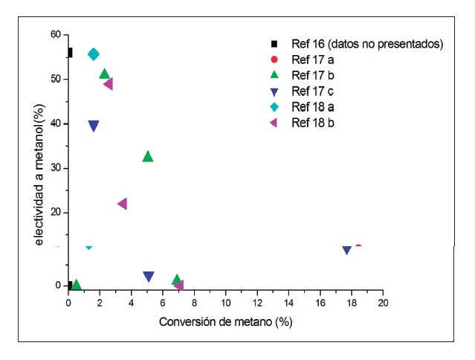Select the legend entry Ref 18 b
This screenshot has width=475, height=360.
(x=312, y=122)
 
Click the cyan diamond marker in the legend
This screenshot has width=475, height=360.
(x=274, y=106)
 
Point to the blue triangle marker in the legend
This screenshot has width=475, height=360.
(x=274, y=91)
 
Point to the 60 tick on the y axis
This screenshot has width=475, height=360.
(x=55, y=34)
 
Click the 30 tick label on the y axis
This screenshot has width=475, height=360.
(x=55, y=168)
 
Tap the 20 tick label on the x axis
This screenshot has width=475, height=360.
(x=383, y=303)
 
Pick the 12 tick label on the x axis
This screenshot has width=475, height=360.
(x=257, y=303)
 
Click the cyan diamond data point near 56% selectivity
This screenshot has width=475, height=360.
(x=94, y=54)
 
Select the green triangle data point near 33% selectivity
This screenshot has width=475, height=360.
(x=148, y=156)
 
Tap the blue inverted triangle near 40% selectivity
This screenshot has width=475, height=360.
(x=94, y=126)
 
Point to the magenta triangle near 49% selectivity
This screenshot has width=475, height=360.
(x=108, y=84)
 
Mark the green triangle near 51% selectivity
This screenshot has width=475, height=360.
(x=105, y=74)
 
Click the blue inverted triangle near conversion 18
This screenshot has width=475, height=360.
(x=346, y=250)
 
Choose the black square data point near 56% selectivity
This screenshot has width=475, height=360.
(x=69, y=53)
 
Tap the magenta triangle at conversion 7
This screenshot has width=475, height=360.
(x=178, y=285)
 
